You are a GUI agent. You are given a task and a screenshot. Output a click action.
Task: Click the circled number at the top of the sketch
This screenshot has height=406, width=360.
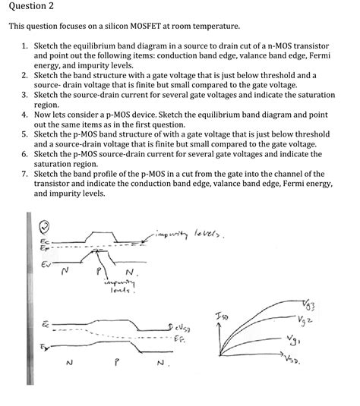[44, 225]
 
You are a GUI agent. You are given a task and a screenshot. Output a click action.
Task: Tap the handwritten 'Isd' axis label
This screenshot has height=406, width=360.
[221, 314]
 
